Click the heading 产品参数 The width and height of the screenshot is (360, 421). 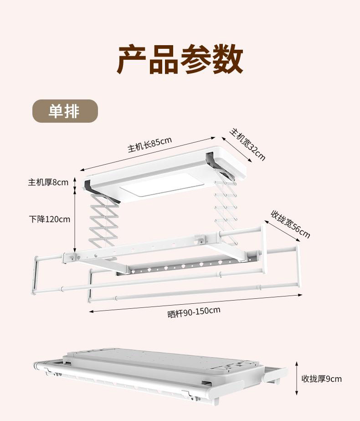(180, 59)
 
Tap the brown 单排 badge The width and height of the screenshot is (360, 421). (65, 111)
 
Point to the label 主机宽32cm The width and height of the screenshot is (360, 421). (247, 144)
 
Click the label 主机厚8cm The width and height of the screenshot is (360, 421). (48, 182)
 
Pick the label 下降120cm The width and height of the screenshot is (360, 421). (50, 219)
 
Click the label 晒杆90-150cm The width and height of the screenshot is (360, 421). (194, 312)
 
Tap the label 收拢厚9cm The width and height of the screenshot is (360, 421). (321, 379)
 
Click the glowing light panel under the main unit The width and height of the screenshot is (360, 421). (155, 187)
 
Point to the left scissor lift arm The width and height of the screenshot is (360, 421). (104, 222)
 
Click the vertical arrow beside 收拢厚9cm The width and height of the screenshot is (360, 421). (296, 379)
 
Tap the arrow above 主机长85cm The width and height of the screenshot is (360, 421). (148, 153)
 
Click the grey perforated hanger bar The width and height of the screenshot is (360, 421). (187, 266)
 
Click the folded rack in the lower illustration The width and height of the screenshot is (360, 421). (159, 372)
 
